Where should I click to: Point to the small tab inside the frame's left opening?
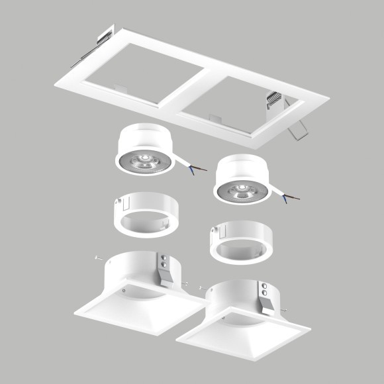[120, 87]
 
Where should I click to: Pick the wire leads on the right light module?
[290, 197]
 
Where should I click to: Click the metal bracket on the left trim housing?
[165, 267]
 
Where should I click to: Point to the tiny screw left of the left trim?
[97, 258]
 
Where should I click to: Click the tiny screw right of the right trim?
[285, 311]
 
